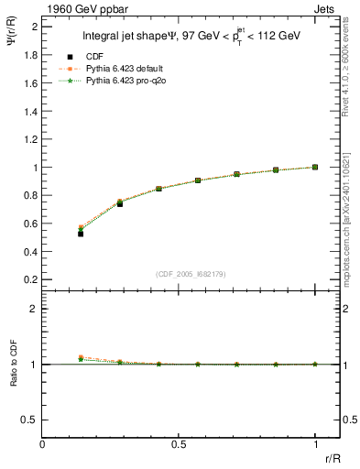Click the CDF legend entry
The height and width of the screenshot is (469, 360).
tap(91, 57)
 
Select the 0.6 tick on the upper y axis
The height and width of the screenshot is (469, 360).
tap(29, 224)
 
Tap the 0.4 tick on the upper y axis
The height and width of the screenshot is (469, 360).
tap(29, 252)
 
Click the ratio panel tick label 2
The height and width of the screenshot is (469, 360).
tap(35, 309)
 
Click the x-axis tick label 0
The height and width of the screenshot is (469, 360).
tap(43, 444)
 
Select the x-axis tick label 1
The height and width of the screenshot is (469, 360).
tap(315, 444)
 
